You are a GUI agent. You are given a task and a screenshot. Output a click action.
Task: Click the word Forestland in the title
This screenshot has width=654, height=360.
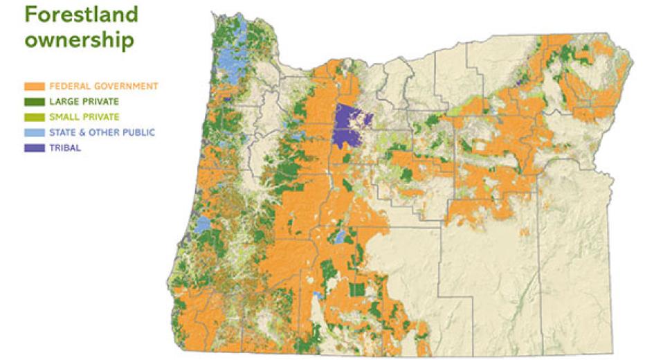click(x=81, y=15)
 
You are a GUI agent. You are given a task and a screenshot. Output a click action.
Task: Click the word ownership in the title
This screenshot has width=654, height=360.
click(x=79, y=39)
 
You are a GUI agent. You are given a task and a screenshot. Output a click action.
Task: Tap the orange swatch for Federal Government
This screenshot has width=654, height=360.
click(x=35, y=87)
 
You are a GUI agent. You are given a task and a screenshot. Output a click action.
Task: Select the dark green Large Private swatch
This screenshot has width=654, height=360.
click(x=35, y=102)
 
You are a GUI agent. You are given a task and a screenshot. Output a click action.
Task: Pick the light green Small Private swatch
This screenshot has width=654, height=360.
click(x=35, y=117)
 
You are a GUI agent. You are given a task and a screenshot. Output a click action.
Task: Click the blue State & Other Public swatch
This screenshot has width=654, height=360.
click(x=35, y=132)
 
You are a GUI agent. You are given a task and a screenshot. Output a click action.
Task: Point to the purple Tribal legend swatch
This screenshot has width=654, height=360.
click(x=35, y=147)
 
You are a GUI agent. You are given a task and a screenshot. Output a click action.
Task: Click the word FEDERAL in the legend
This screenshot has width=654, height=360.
click(x=69, y=87)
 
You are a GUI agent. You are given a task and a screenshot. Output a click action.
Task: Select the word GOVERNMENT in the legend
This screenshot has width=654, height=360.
click(x=125, y=87)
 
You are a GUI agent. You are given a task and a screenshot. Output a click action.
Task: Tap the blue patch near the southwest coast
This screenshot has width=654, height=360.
click(x=201, y=225)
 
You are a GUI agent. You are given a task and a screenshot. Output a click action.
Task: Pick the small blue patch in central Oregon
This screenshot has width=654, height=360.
click(x=340, y=237)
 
